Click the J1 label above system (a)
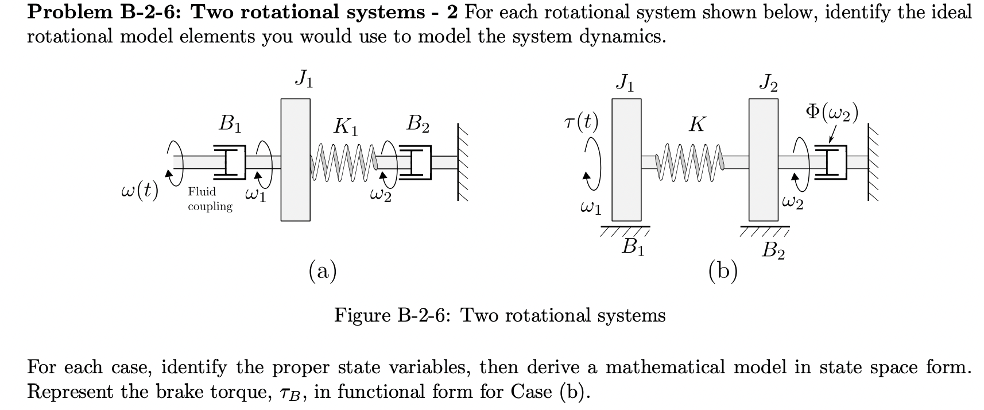tap(304, 80)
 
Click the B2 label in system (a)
tap(418, 124)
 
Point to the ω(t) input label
tap(140, 189)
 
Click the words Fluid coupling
tap(210, 199)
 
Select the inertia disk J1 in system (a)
tap(295, 160)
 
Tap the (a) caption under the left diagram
tap(323, 270)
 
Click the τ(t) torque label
tap(581, 122)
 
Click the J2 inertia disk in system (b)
tap(764, 160)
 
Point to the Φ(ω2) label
tap(831, 113)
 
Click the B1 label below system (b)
tap(633, 247)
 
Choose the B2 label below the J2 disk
tap(773, 250)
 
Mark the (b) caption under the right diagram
tap(723, 270)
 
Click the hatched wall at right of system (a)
tap(465, 162)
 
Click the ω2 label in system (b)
tap(793, 202)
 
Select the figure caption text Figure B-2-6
tap(499, 315)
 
